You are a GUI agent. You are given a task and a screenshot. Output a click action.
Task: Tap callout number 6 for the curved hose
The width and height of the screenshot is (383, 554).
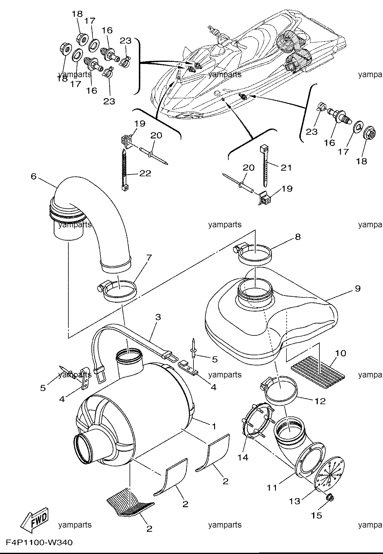pyautogui.click(x=33, y=176)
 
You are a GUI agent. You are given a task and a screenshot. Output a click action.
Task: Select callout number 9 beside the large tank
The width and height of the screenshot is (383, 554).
pyautogui.click(x=357, y=289)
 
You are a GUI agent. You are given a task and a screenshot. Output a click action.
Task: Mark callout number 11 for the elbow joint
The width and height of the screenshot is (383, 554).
pyautogui.click(x=272, y=488)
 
